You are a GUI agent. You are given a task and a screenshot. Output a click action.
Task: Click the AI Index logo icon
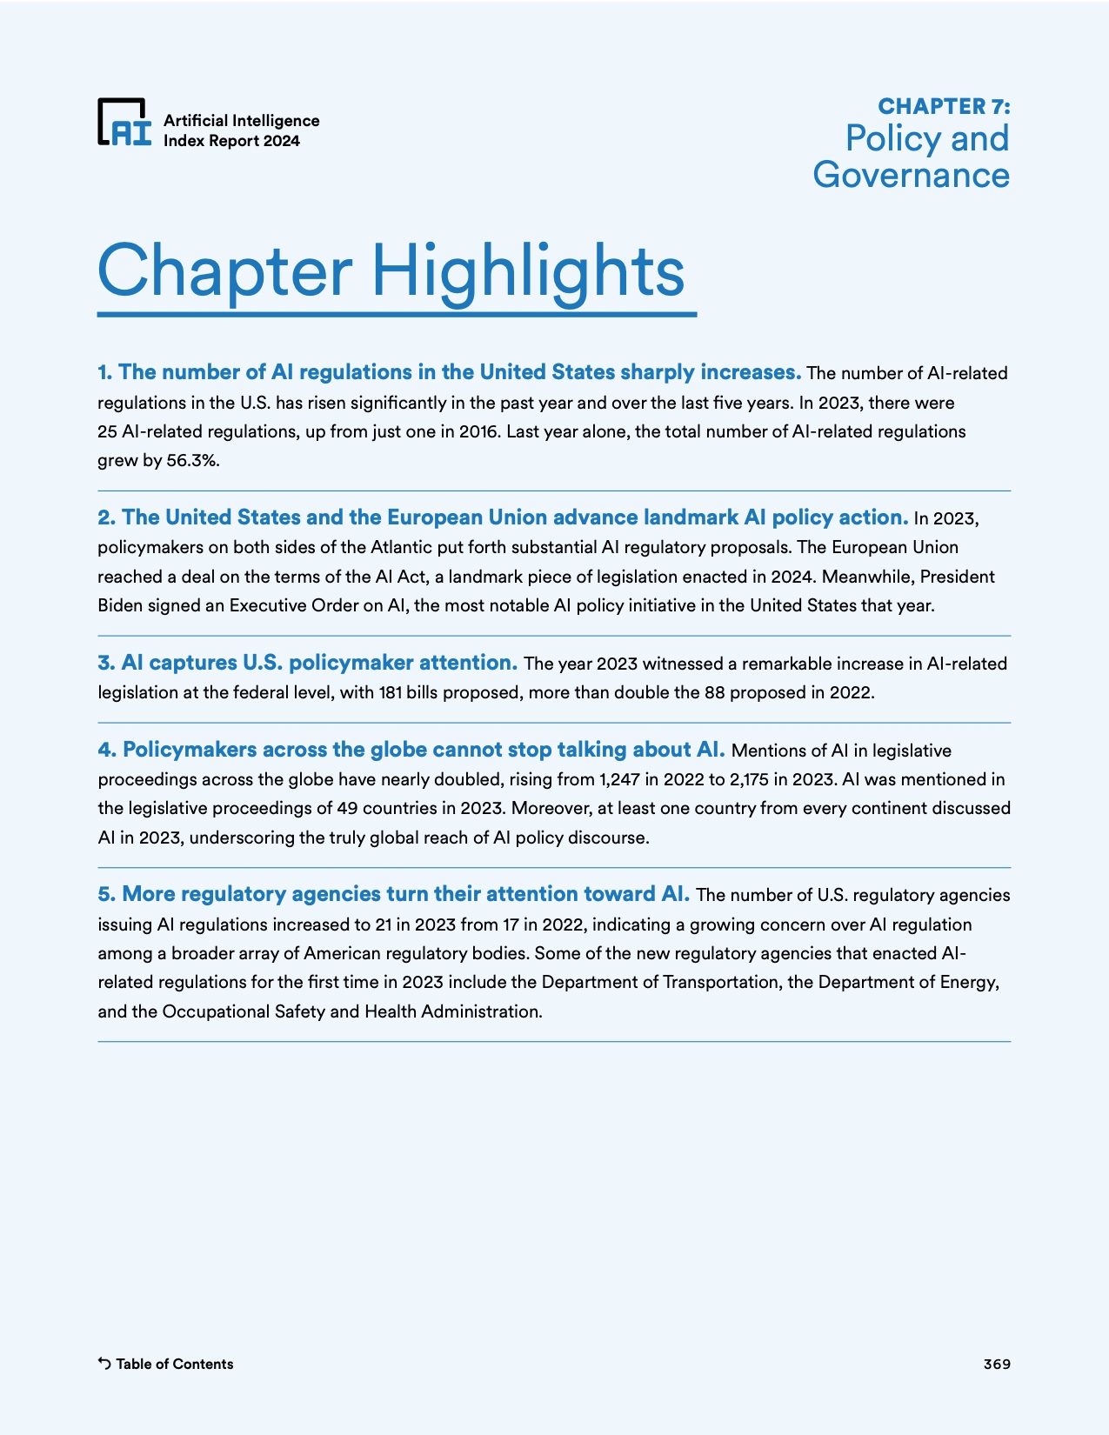pyautogui.click(x=124, y=122)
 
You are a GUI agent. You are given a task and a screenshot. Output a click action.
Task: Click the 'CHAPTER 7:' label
pyautogui.click(x=944, y=106)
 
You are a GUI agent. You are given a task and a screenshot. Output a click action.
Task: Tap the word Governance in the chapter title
pyautogui.click(x=911, y=175)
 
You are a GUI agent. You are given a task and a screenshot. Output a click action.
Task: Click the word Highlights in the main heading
pyautogui.click(x=528, y=270)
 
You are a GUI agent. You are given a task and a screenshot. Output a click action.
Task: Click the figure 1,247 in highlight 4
pyautogui.click(x=619, y=779)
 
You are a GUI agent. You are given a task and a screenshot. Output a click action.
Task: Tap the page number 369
pyautogui.click(x=997, y=1364)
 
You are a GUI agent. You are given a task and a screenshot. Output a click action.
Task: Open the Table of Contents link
pyautogui.click(x=174, y=1364)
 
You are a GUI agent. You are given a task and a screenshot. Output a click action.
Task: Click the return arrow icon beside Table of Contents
pyautogui.click(x=104, y=1364)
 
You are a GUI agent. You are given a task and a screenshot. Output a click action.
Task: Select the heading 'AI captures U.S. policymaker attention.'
pyautogui.click(x=308, y=663)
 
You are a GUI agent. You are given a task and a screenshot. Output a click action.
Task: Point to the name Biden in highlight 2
pyautogui.click(x=120, y=606)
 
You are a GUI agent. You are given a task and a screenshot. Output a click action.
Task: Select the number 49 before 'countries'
pyautogui.click(x=348, y=808)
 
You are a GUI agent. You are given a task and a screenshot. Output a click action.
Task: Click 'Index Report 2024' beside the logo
pyautogui.click(x=231, y=141)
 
